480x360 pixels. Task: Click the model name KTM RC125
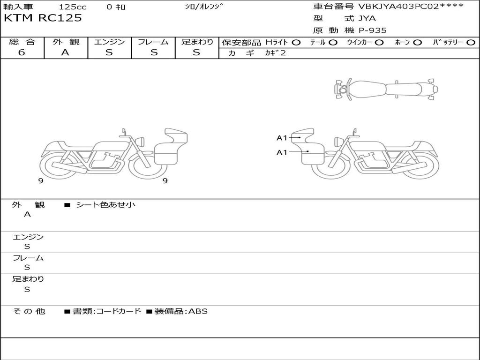[x=43, y=18]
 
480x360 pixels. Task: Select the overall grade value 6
[x=22, y=52]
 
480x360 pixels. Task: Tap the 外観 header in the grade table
[x=66, y=42]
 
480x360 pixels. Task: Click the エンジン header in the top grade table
[x=109, y=42]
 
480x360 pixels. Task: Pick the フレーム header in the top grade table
[x=153, y=42]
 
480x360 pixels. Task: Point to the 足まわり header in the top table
[x=197, y=42]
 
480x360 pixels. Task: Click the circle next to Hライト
[x=296, y=43]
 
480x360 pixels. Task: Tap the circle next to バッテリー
[x=471, y=43]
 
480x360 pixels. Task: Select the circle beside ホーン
[x=418, y=43]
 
